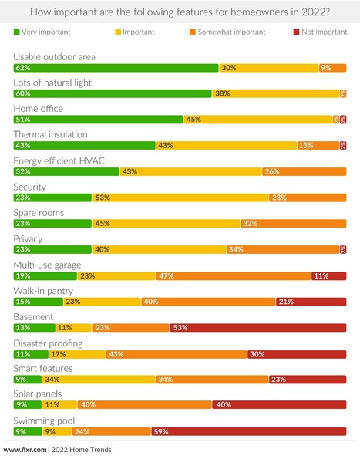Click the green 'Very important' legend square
[x=17, y=32]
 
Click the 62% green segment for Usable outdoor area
[x=116, y=68]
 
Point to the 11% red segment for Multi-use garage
[x=328, y=275]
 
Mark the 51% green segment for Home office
[x=98, y=120]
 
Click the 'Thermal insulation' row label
[x=50, y=134]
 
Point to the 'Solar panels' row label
[x=39, y=394]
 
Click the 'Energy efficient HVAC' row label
[x=59, y=160]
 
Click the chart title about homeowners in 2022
[x=180, y=12]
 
